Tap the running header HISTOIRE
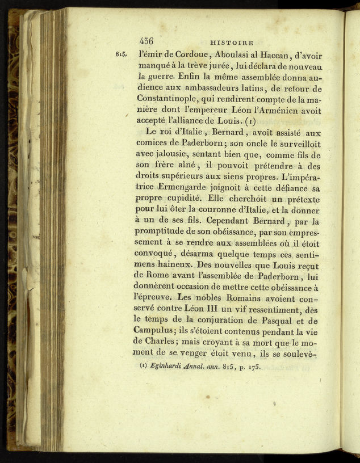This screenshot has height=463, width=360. pyautogui.click(x=231, y=42)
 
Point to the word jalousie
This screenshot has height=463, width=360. pyautogui.click(x=173, y=154)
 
